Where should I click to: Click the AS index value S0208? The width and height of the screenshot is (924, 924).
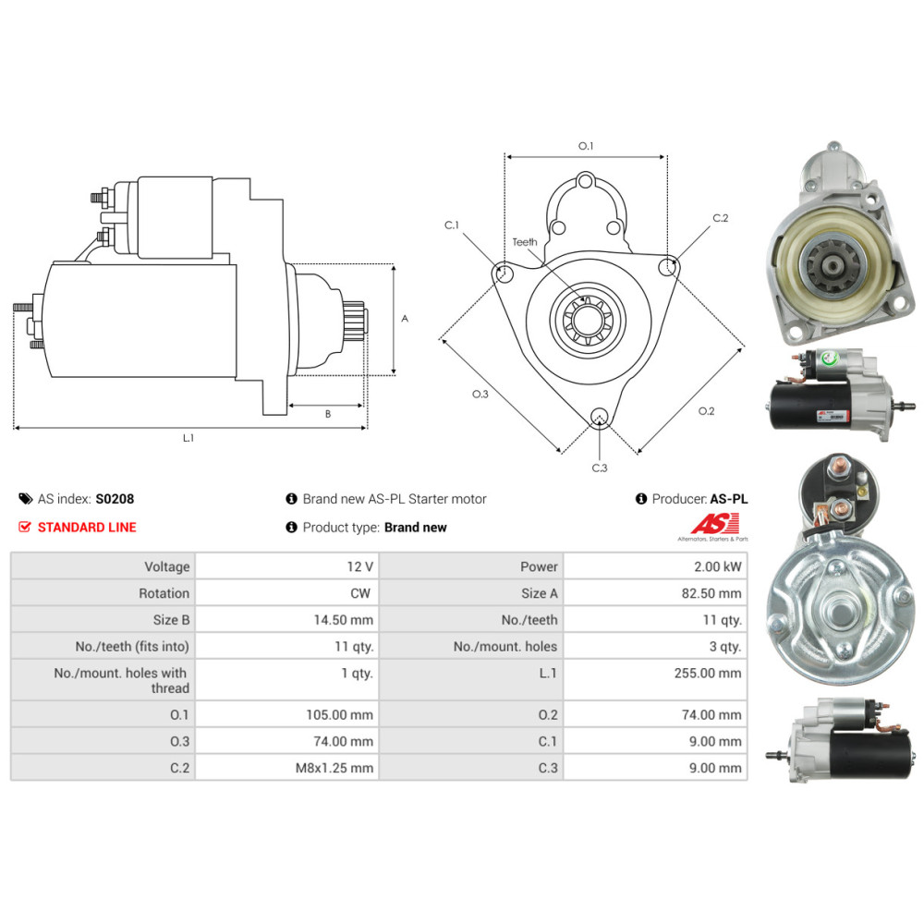(x=115, y=499)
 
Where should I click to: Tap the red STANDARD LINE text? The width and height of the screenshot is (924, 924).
(x=87, y=528)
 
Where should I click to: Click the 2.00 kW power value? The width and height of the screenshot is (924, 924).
(x=718, y=567)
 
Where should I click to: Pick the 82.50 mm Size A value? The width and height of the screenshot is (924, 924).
(x=711, y=593)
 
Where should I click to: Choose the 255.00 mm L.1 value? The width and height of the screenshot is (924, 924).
(x=708, y=673)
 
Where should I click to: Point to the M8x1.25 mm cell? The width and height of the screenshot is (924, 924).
(x=334, y=768)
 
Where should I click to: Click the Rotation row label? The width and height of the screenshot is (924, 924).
(x=164, y=593)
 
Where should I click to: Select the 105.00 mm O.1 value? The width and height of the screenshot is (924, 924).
(x=339, y=715)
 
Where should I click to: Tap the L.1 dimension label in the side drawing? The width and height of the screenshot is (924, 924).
(x=188, y=438)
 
